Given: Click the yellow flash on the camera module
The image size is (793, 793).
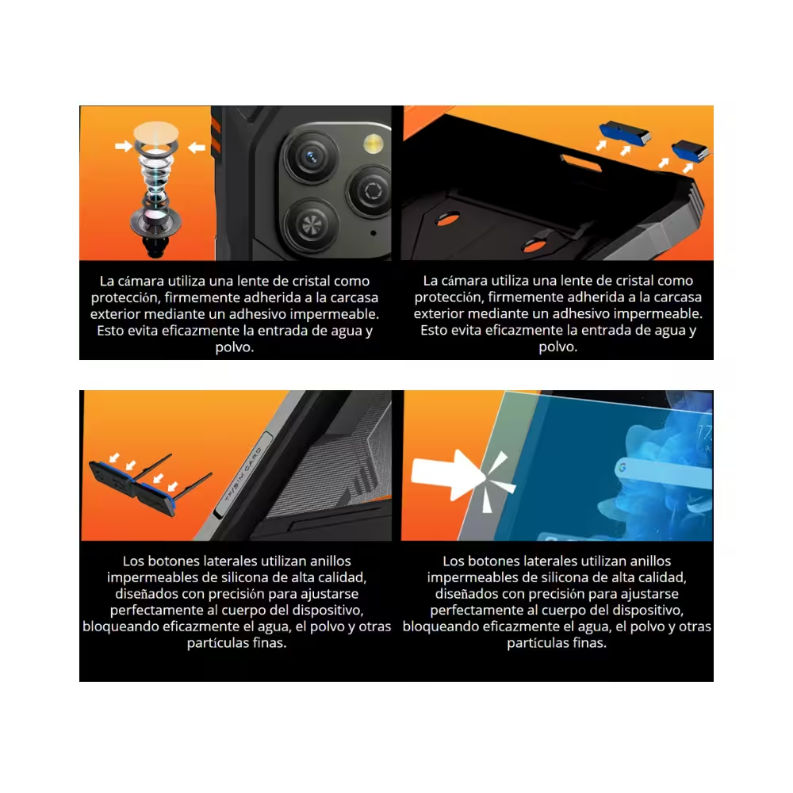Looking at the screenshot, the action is (x=374, y=144).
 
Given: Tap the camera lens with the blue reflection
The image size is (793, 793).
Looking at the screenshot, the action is (x=311, y=157).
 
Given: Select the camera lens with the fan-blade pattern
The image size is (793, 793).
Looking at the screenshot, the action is (x=311, y=224).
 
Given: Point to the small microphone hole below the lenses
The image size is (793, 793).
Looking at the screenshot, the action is (x=374, y=233).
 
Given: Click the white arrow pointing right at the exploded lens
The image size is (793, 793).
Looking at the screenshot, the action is (x=124, y=146).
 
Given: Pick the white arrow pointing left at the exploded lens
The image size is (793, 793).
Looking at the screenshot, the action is (x=197, y=147).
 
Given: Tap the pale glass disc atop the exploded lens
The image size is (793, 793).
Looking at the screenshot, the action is (x=155, y=132).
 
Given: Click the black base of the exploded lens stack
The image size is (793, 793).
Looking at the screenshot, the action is (x=155, y=245).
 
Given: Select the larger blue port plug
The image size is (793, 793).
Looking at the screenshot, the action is (x=625, y=132).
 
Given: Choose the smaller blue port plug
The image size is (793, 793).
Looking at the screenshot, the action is (x=691, y=150).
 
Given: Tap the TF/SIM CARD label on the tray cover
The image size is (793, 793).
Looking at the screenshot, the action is (x=243, y=473).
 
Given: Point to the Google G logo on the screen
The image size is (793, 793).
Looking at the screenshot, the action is (x=622, y=467).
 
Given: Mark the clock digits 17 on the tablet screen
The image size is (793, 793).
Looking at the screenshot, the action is (x=704, y=433).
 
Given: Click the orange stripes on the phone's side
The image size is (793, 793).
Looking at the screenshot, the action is (x=216, y=134).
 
